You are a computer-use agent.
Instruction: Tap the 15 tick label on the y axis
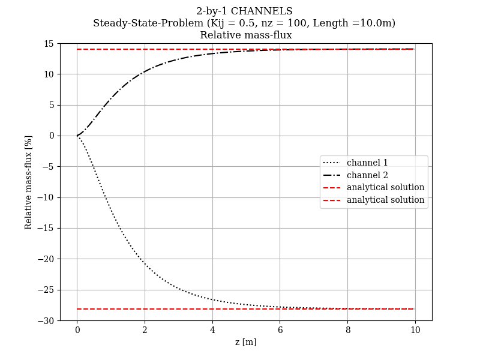(49, 44)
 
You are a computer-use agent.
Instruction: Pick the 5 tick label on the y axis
(51, 105)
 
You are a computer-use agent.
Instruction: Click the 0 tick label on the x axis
(77, 330)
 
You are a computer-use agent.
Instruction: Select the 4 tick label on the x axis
(212, 330)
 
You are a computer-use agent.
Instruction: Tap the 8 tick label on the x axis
(347, 330)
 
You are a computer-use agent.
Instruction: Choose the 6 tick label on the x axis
(280, 330)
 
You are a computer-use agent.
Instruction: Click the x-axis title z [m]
(245, 342)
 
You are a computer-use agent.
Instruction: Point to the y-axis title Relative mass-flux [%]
(29, 182)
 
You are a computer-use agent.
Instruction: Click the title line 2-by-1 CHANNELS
(244, 11)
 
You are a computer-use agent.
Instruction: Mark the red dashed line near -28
(240, 309)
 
